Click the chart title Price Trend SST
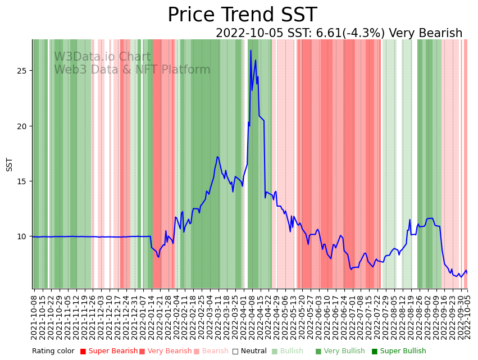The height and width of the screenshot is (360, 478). tap(242, 15)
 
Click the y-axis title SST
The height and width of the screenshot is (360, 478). tap(9, 165)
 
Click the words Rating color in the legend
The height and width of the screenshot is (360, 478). tap(53, 351)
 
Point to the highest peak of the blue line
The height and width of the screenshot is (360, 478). tap(251, 51)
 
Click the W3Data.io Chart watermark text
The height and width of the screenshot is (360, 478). tap(102, 57)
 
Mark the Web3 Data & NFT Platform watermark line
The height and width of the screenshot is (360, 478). tap(132, 70)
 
